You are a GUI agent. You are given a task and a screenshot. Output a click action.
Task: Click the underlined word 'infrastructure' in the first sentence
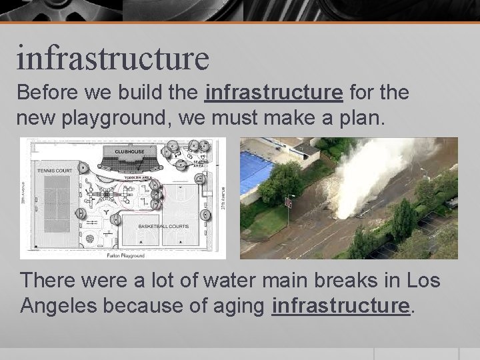(275, 93)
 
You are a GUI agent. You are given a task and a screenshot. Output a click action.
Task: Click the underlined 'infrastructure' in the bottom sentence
(340, 306)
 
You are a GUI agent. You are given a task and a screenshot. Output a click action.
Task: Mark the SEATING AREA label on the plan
(201, 163)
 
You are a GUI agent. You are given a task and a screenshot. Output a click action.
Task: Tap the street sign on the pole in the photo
(288, 201)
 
